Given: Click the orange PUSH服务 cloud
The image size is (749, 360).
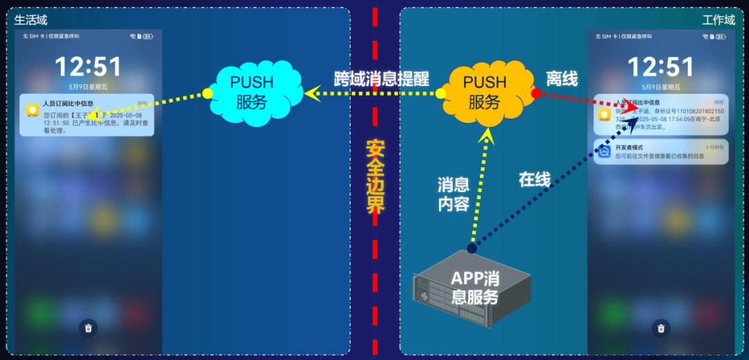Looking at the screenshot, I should tap(484, 92).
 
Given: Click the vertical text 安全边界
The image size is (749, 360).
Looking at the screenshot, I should tap(375, 177).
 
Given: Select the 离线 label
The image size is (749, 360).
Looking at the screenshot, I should tap(562, 79).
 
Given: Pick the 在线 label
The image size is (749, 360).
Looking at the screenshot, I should tap(535, 180).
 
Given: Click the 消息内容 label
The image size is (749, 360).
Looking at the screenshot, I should tap(454, 194).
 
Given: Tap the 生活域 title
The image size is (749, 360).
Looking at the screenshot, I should tap(31, 20).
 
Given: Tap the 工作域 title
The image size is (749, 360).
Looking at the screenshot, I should tap(718, 20).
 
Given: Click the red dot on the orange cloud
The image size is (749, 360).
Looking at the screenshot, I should tap(536, 93).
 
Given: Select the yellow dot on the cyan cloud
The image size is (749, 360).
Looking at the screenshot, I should tap(207, 93).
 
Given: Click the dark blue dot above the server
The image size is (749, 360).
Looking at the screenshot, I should tap(472, 248).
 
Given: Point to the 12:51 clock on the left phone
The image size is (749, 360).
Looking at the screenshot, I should tap(88, 67).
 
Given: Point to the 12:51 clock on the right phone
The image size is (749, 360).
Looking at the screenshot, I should tap(660, 67).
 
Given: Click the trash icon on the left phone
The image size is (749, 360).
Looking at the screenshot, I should tap(88, 328).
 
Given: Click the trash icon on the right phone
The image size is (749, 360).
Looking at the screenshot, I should tap(661, 328).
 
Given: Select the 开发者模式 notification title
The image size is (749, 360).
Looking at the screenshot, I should tap(630, 147).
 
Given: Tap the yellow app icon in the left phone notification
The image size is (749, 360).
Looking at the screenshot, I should tap(32, 111).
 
